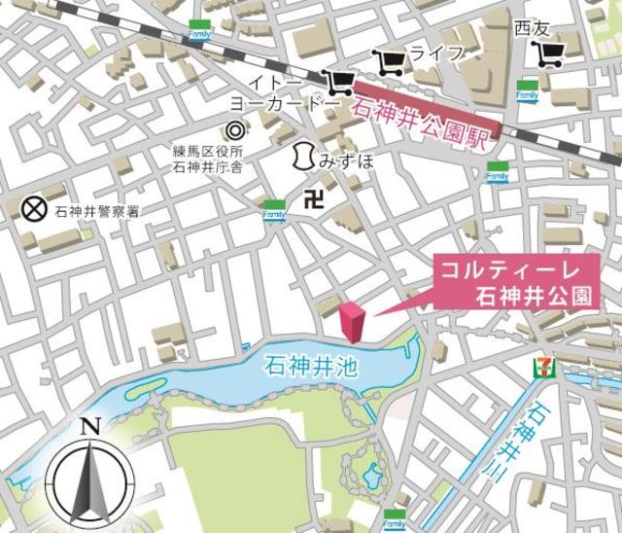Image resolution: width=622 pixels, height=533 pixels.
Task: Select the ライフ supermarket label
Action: [x=437, y=53]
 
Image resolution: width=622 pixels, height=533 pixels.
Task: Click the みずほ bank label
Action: [x=346, y=159]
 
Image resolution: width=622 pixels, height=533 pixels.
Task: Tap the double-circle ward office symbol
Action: [x=234, y=129]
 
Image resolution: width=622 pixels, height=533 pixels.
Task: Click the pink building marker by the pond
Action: [x=352, y=322]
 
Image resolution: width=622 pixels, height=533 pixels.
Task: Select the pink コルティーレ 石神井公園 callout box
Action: [x=514, y=282]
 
